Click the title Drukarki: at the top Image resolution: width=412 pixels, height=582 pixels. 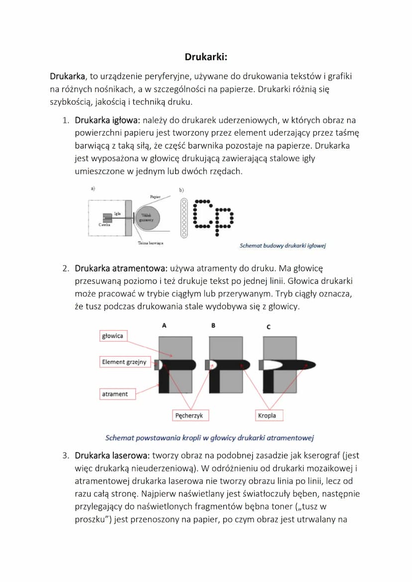(206, 57)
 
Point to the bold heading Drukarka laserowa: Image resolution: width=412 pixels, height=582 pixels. (112, 455)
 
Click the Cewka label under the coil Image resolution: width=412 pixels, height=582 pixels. (104, 224)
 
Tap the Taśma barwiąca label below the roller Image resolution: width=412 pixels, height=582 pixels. (150, 243)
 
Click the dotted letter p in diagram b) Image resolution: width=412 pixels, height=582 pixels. (223, 219)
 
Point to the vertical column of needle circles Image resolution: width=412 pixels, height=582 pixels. (184, 217)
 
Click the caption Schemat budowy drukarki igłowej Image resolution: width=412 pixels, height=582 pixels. (282, 246)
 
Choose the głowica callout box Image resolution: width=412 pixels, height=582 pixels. (112, 336)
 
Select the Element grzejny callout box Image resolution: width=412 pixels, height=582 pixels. (124, 362)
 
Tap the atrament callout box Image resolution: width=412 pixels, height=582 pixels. (114, 394)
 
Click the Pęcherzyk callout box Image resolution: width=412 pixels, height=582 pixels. (189, 415)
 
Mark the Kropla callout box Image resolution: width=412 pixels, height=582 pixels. (267, 415)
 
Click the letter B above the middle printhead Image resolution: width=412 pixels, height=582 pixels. (213, 326)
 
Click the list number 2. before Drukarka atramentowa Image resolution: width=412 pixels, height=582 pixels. (65, 268)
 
